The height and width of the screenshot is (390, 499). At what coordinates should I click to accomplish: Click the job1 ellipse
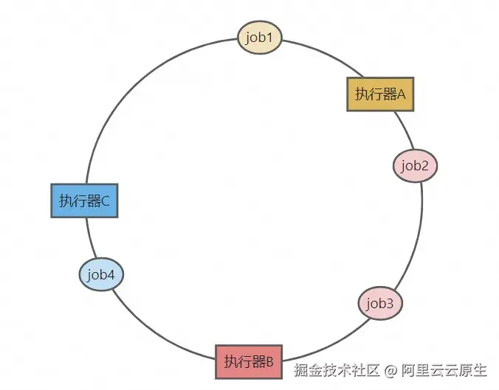260,37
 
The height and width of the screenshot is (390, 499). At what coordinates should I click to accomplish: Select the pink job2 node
415,166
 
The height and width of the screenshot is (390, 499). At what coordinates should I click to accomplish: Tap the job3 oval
381,303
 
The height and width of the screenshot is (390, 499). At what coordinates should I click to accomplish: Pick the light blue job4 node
101,276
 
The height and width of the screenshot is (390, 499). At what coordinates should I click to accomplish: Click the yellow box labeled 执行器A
380,94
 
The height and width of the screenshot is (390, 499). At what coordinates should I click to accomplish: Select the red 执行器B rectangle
249,362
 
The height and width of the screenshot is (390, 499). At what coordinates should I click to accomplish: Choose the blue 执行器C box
85,201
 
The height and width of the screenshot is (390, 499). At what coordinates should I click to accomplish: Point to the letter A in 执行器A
402,94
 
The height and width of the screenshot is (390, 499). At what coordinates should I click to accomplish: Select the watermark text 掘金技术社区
337,369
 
